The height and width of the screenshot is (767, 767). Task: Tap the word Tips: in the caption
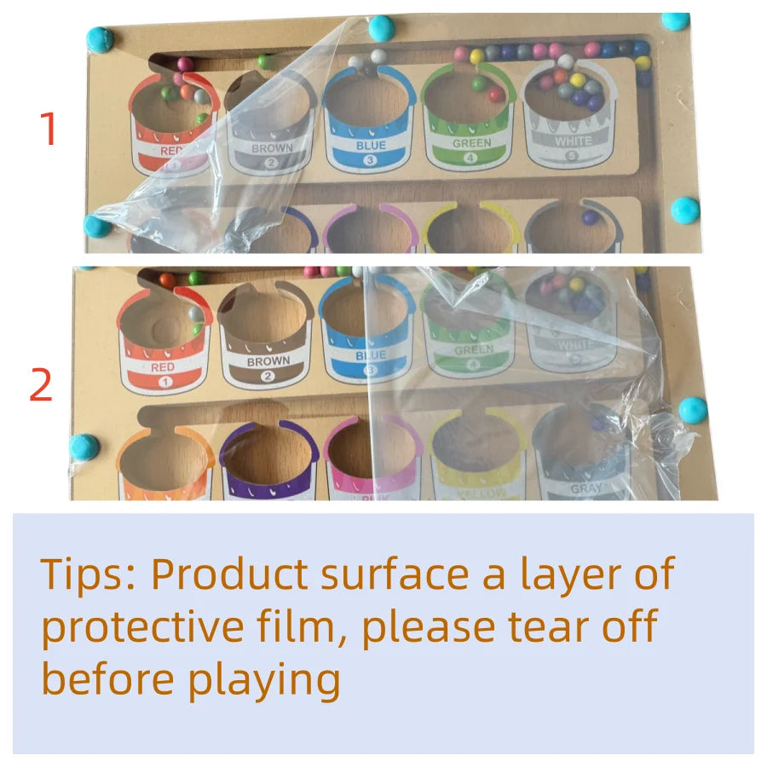[x=89, y=575]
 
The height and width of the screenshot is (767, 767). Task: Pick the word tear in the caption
[x=536, y=627]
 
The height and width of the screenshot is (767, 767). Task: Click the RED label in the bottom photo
[x=163, y=367]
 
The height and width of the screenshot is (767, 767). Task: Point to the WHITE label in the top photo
[x=572, y=141]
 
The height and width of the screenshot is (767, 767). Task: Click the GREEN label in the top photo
[x=471, y=143]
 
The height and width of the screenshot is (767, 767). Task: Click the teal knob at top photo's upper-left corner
[x=101, y=39]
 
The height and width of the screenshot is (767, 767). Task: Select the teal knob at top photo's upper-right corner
[x=676, y=21]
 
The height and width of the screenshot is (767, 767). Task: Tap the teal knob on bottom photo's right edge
[x=693, y=409]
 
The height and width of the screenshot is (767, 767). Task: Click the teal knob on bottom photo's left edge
[x=85, y=447]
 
